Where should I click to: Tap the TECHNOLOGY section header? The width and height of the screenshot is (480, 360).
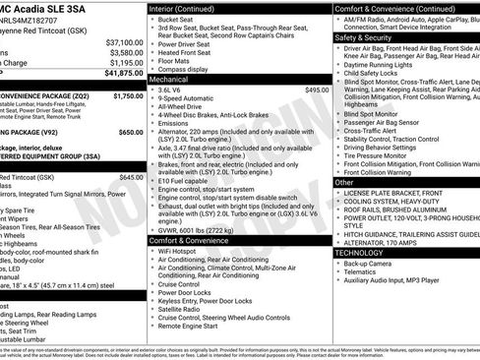360,252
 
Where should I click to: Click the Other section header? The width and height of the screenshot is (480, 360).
344,182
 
